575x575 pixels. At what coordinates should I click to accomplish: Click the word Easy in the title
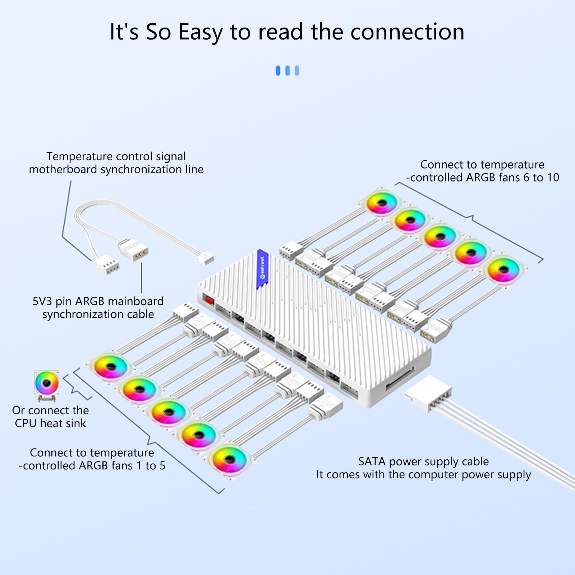click(201, 32)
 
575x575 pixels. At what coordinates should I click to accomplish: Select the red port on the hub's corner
click(208, 299)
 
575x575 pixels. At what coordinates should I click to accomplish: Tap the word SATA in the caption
click(372, 461)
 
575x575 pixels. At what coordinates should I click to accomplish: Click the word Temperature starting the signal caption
click(79, 156)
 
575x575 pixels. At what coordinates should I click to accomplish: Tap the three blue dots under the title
click(287, 70)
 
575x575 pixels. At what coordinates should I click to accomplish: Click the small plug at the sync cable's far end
click(206, 258)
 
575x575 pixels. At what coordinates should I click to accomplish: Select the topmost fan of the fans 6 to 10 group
click(382, 203)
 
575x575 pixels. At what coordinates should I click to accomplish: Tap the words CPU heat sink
click(50, 423)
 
